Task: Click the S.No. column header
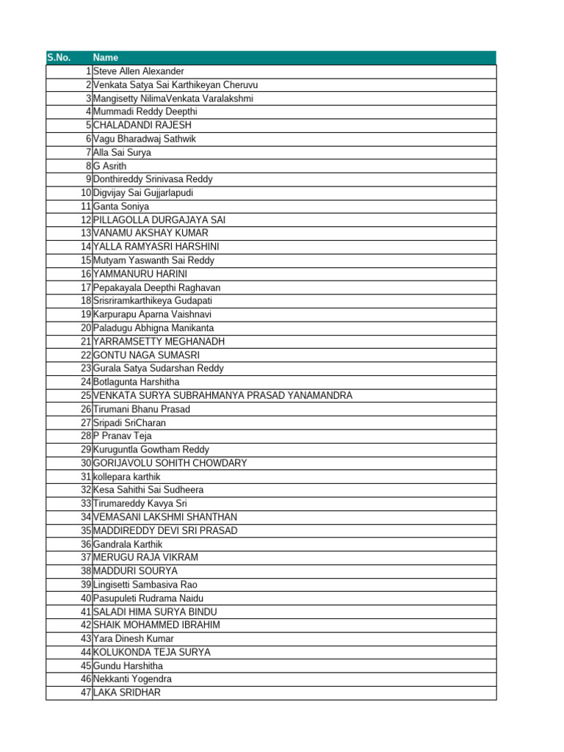[59, 57]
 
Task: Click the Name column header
[106, 57]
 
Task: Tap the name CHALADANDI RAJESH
[142, 125]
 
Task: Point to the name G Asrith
[110, 166]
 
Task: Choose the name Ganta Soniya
[121, 206]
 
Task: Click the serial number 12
[86, 220]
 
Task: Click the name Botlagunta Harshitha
[136, 382]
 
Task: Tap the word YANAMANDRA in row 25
[317, 395]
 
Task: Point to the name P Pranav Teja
[123, 435]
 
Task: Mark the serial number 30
[86, 463]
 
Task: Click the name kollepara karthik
[127, 477]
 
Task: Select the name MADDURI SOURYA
[135, 571]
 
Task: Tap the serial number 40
[86, 598]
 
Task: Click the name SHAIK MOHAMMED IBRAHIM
[156, 625]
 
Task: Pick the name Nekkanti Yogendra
[132, 679]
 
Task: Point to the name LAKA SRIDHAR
[127, 693]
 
